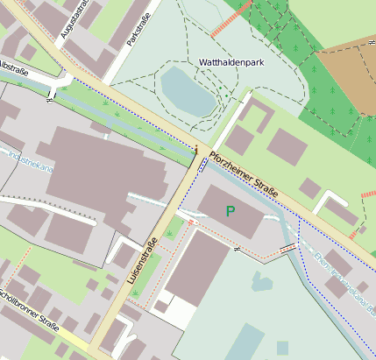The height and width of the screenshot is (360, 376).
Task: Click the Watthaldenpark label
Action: (x=231, y=63)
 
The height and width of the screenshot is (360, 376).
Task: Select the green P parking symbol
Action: (x=231, y=210)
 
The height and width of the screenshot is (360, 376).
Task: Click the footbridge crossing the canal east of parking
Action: (x=287, y=249)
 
